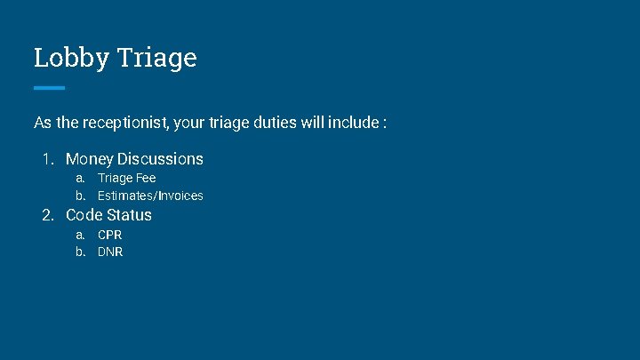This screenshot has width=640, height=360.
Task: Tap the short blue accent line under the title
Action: pos(49,87)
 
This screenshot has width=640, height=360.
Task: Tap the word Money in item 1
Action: pos(89,159)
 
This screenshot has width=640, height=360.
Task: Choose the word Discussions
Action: pos(161,159)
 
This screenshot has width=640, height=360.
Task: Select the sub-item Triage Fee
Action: pos(126,179)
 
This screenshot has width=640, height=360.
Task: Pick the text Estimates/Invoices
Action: pos(150,196)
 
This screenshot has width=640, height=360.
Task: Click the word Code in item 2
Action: pos(84,215)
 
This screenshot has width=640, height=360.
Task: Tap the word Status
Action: pos(130,215)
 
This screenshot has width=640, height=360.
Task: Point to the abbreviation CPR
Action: pos(110,235)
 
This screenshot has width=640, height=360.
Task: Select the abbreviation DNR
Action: pos(110,252)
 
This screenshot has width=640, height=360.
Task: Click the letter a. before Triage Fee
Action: pos(80,179)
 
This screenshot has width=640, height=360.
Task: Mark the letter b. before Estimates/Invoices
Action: pos(80,196)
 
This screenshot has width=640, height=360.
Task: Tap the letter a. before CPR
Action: pos(80,235)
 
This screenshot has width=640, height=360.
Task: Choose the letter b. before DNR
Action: pos(80,252)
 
